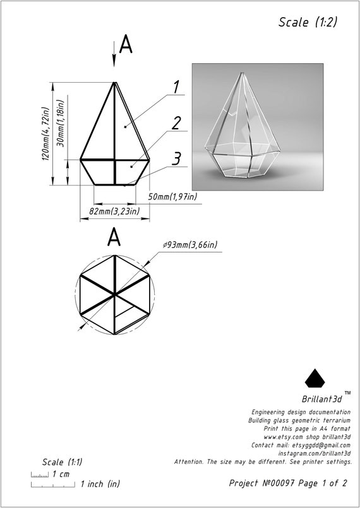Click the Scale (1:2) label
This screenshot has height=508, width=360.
point(308,22)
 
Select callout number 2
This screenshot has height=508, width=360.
point(176,122)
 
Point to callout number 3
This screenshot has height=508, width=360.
point(177,158)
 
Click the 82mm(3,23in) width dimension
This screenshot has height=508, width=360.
point(114,211)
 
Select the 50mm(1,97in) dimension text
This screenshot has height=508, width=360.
point(172,198)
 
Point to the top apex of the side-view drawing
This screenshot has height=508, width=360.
point(114,83)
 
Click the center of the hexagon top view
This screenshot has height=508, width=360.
point(114,295)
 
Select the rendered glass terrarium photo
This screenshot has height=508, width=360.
point(258,127)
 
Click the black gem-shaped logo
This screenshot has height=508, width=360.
point(316,378)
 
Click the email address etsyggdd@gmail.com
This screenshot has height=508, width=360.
point(320,446)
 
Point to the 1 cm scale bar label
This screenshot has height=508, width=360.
point(61,474)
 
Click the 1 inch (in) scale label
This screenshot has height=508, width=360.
point(100,485)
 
